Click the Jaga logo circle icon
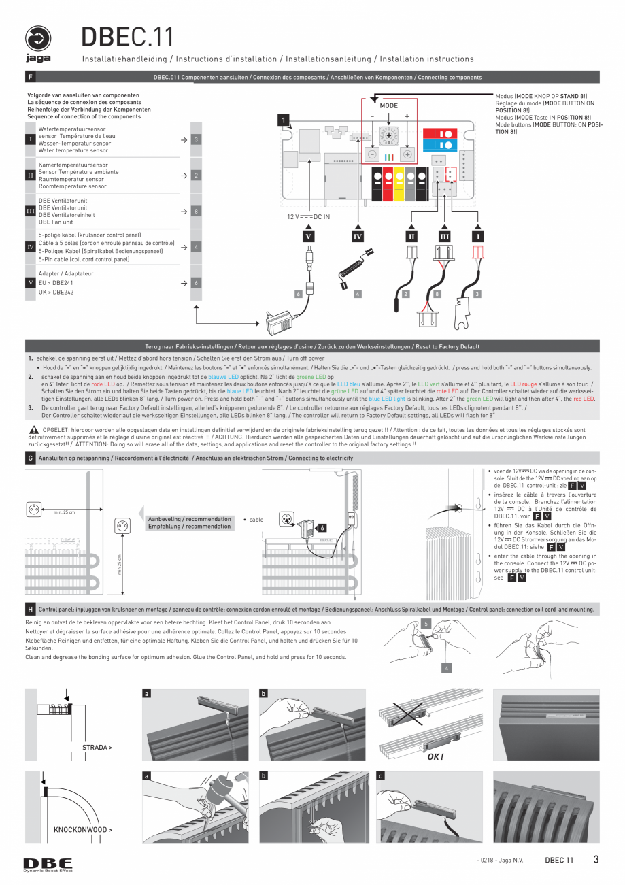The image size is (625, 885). tap(39, 39)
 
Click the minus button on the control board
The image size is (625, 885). tap(372, 154)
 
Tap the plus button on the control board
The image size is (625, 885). tap(407, 154)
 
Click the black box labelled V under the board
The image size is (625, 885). tap(309, 236)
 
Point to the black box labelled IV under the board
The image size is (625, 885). tap(357, 236)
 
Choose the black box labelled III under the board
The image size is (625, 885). tap(444, 236)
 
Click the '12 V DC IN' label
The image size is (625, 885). tap(307, 217)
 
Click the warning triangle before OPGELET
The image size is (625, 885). tap(33, 430)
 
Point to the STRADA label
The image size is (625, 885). tap(97, 747)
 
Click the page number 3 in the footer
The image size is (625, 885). tap(596, 859)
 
